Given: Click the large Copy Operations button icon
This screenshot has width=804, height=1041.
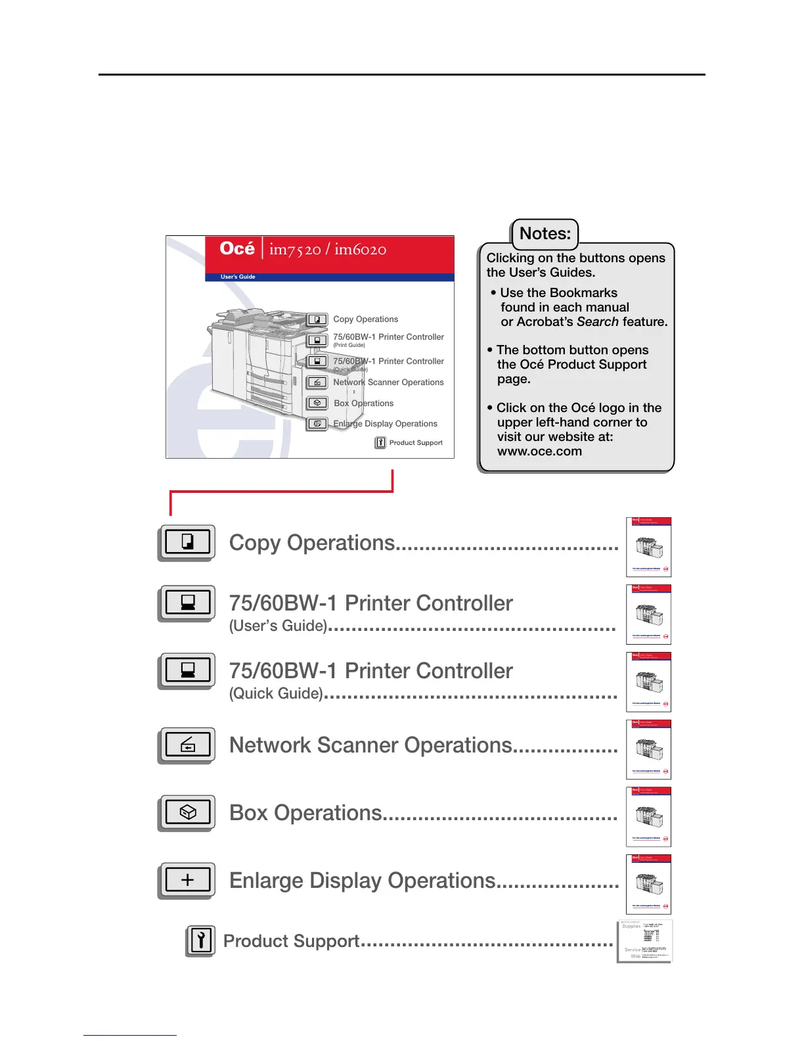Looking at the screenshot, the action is [x=187, y=542].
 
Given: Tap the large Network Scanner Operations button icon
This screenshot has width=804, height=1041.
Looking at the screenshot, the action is [x=187, y=745].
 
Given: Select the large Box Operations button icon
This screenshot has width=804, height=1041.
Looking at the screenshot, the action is [x=187, y=812].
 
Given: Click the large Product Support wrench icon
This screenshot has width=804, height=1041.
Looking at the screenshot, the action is [x=200, y=940].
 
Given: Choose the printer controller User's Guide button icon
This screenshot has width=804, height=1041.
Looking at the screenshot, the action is [x=187, y=603].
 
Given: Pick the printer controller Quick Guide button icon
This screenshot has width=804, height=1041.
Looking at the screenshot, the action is [x=187, y=670].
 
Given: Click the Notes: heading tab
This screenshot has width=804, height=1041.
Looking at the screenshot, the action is [x=545, y=234].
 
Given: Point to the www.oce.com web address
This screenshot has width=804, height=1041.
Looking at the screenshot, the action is [x=539, y=451].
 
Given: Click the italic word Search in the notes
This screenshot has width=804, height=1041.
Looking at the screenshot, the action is [x=598, y=322].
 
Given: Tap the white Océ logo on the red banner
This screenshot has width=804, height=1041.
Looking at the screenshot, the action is [x=237, y=248].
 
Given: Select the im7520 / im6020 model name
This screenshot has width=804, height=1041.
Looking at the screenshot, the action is [x=328, y=250].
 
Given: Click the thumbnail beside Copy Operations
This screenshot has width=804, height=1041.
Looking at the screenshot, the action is [x=649, y=547].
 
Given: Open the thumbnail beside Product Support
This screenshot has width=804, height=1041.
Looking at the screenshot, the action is [x=645, y=941].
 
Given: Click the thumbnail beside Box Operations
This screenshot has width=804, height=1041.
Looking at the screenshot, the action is [x=649, y=817].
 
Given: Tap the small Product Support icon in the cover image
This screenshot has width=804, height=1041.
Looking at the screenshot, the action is [x=380, y=443].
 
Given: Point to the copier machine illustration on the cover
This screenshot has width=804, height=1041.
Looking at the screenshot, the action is [x=253, y=358].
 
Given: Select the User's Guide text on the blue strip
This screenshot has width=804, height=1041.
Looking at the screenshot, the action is [x=238, y=277].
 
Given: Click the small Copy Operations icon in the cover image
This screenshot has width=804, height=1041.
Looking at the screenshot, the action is [x=317, y=320].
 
